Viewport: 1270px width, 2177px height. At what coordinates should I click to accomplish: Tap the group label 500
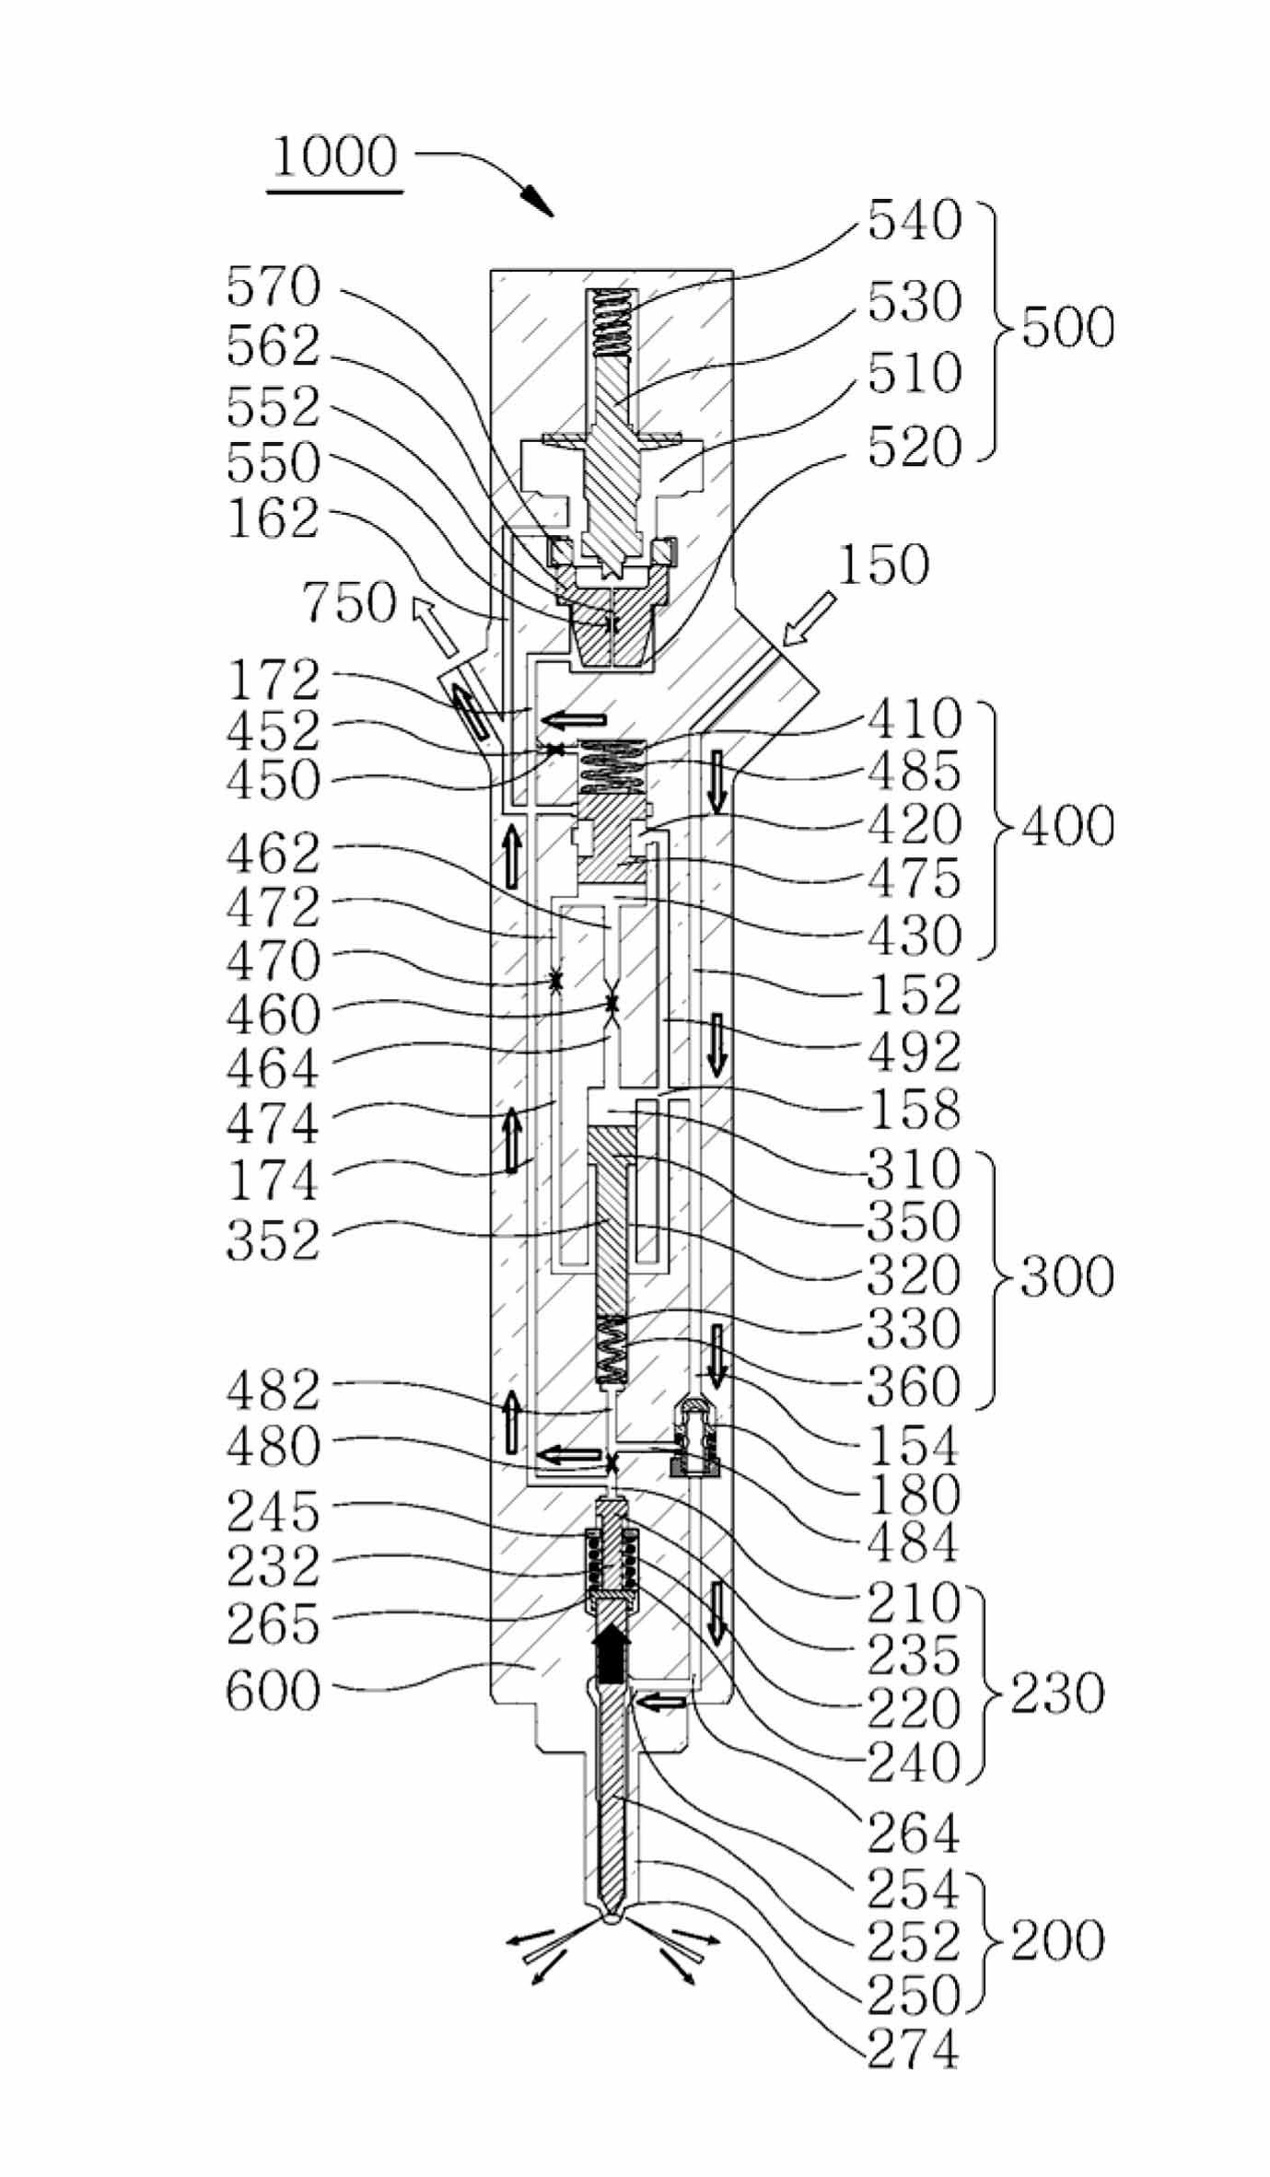pos(1067,329)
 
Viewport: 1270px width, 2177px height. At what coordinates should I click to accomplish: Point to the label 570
pos(274,287)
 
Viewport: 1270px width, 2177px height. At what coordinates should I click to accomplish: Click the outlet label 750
pos(350,604)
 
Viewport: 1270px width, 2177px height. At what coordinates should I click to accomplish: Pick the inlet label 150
pos(883,565)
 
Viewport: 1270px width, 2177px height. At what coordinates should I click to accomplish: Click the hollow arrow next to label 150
pos(808,619)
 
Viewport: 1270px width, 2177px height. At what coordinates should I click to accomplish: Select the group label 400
pos(1067,826)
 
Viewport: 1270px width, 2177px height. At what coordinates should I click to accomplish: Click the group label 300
pos(1067,1277)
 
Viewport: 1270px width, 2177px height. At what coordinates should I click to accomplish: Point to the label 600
pos(274,1691)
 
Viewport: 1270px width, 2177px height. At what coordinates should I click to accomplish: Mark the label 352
pos(274,1240)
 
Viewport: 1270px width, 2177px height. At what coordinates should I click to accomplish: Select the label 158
pos(915,1110)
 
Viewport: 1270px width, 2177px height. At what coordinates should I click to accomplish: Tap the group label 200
pos(1057,1941)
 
